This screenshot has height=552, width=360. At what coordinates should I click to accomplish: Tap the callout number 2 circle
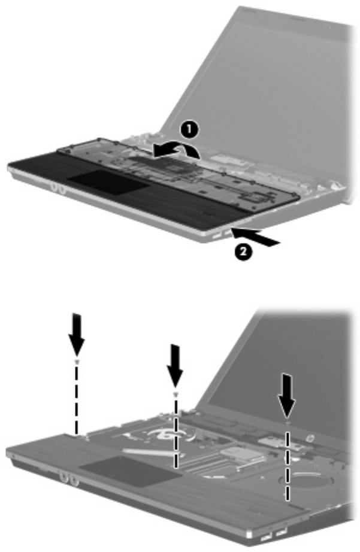244,251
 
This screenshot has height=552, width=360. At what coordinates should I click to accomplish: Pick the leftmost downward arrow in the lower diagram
77,333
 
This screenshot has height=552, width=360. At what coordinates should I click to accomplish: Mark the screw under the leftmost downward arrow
77,362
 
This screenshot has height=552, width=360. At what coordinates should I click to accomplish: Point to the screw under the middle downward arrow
175,394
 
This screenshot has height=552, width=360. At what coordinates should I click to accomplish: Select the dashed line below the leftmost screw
77,399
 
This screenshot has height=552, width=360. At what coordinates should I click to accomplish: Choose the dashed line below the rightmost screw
288,465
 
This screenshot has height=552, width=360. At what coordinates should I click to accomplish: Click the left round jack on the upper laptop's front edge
55,187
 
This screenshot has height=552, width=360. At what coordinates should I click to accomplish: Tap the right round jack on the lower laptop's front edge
74,480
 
